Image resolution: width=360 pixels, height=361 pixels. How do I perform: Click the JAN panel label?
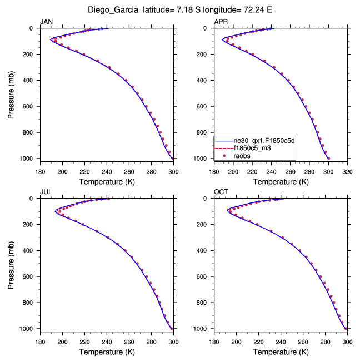(46, 21)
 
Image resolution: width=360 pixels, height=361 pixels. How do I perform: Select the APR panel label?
(221, 21)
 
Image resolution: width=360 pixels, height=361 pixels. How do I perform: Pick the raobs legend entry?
(243, 156)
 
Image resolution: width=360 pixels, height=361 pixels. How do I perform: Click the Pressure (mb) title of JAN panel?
(12, 93)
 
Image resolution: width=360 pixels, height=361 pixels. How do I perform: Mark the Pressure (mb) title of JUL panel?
(12, 263)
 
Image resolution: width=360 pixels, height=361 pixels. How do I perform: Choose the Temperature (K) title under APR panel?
(281, 181)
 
